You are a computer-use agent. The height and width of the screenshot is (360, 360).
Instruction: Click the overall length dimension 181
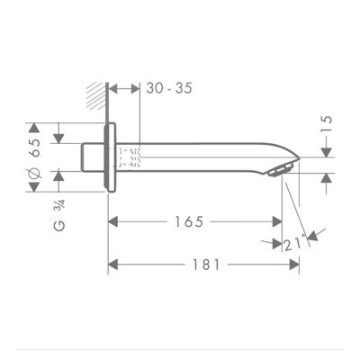click(x=206, y=264)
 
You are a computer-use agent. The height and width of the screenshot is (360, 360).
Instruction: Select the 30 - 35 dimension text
click(x=169, y=88)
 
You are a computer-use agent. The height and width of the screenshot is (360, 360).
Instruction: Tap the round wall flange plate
click(x=111, y=158)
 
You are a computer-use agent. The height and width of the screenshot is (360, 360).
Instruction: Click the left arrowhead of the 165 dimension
click(x=112, y=221)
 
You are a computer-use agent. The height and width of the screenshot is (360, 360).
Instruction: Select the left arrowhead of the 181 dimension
click(x=112, y=264)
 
